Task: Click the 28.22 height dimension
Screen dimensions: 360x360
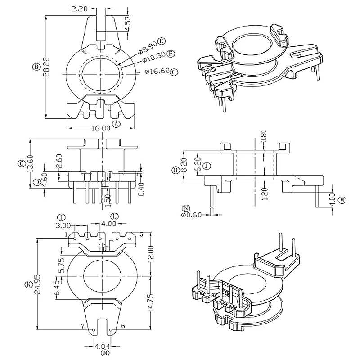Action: pyautogui.click(x=47, y=67)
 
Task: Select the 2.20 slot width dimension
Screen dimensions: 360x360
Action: pyautogui.click(x=80, y=8)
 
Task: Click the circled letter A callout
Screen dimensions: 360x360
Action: pyautogui.click(x=116, y=123)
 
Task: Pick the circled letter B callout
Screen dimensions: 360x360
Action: pyautogui.click(x=36, y=67)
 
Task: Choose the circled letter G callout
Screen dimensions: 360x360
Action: pyautogui.click(x=175, y=72)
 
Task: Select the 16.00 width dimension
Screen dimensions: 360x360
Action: pyautogui.click(x=100, y=128)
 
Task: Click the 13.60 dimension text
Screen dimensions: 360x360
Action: pyautogui.click(x=30, y=164)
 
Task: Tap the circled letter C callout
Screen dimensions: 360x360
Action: pyautogui.click(x=21, y=164)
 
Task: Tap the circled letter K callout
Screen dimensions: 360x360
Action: pyautogui.click(x=28, y=284)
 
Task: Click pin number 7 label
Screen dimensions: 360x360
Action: pyautogui.click(x=83, y=325)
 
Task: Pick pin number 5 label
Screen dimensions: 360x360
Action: pyautogui.click(x=141, y=234)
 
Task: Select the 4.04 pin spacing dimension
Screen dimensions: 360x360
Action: pyautogui.click(x=101, y=347)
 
